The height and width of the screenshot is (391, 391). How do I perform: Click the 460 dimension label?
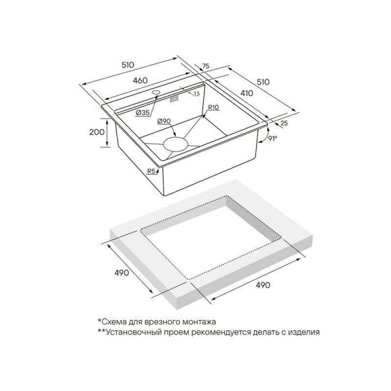coord(140,81)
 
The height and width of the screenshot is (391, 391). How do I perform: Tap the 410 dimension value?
coord(246,93)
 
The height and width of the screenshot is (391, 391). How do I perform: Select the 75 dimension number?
coord(205,66)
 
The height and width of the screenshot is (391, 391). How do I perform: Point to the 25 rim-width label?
coord(284,123)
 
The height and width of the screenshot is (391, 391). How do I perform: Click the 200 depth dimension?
coord(97,131)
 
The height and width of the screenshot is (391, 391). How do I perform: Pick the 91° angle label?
coord(273,138)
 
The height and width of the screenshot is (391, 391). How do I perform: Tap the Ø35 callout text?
coord(143,113)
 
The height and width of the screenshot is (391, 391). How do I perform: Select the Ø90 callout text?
coord(164,121)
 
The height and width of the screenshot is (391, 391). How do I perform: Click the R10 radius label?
coord(213,108)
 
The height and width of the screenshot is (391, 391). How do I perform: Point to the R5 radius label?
coord(152,172)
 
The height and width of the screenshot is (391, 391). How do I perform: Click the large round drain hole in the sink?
coord(175,144)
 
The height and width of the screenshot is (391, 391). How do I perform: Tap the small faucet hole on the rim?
coord(156,92)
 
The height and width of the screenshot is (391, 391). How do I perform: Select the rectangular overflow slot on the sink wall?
coord(174,99)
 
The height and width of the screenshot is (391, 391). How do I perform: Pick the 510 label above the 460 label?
coord(128,65)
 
